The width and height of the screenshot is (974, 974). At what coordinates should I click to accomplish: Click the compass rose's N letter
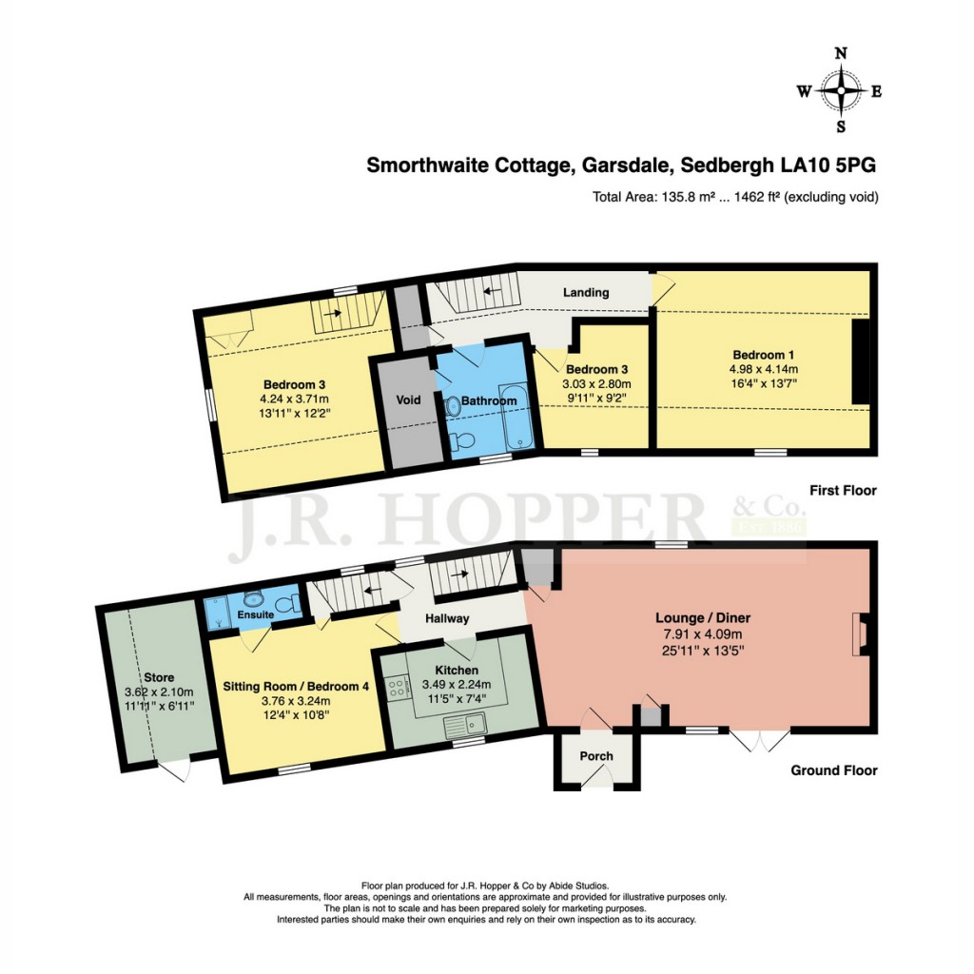(x=841, y=54)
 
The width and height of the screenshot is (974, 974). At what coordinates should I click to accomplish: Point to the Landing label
(x=585, y=292)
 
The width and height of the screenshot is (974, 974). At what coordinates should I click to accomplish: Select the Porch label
(x=596, y=757)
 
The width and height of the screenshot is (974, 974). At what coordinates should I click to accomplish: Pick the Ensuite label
(x=256, y=615)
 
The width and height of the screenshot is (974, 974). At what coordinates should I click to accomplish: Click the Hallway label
(x=447, y=618)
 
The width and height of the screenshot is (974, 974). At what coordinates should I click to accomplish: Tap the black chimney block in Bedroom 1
(x=860, y=362)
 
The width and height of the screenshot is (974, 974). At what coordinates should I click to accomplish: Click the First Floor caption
(x=842, y=491)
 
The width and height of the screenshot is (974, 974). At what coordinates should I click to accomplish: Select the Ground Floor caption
(x=833, y=770)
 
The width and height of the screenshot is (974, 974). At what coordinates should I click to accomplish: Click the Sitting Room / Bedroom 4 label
(x=295, y=685)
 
